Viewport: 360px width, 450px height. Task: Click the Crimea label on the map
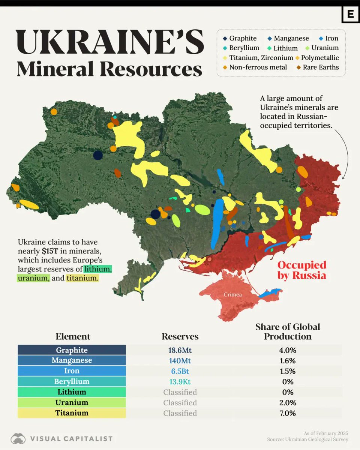coord(233,295)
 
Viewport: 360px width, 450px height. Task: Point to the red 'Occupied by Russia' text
coord(301,270)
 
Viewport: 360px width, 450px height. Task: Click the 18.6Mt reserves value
coord(180,350)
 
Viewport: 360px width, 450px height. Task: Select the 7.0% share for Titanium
coord(288,413)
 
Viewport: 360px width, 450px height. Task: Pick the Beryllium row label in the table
coord(72,382)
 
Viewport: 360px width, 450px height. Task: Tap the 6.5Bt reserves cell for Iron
coord(180,371)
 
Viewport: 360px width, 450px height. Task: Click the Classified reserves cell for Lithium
coord(180,392)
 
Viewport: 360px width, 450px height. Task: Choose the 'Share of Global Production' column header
coord(288,331)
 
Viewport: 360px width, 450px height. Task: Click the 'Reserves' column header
coord(180,336)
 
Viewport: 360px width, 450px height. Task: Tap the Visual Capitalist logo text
coord(71,438)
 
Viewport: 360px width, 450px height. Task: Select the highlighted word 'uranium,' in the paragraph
coord(33,278)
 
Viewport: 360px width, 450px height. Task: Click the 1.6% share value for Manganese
coord(288,361)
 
